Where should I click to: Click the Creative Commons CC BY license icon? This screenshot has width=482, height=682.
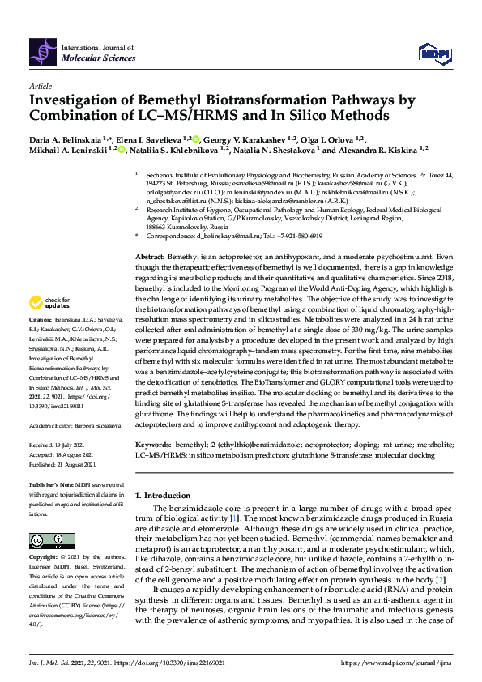[x=46, y=542]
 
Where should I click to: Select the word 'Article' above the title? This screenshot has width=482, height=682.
[x=40, y=85]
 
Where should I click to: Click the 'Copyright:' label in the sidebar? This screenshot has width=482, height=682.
[x=45, y=558]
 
